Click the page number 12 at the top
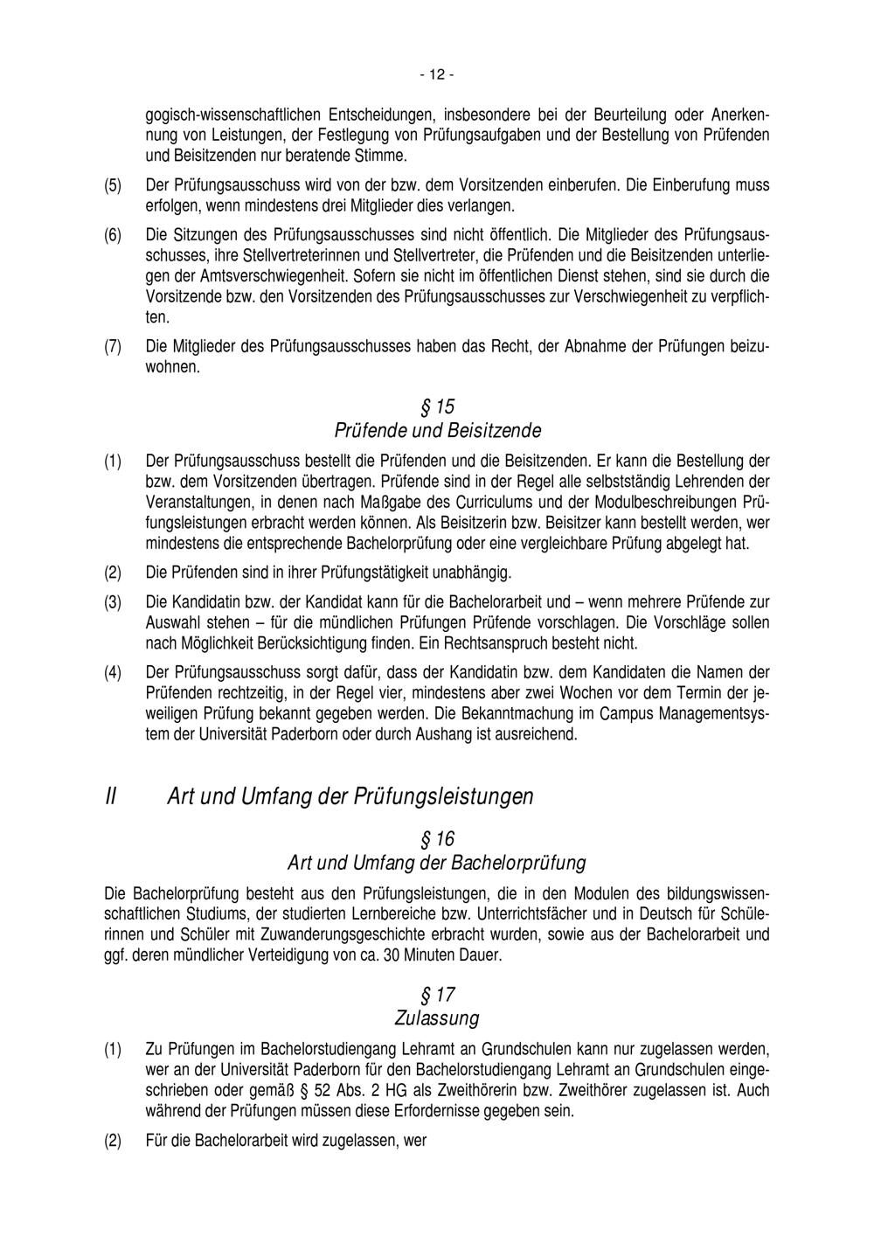tap(436, 75)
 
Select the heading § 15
tap(437, 407)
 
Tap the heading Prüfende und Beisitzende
tap(437, 431)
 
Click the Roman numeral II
tap(111, 796)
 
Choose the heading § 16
tap(437, 839)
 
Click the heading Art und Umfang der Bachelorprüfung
tap(437, 863)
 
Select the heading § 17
tap(437, 995)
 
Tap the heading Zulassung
tap(437, 1018)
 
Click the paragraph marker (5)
tap(113, 185)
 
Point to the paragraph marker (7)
tap(113, 346)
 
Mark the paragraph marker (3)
tap(113, 603)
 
